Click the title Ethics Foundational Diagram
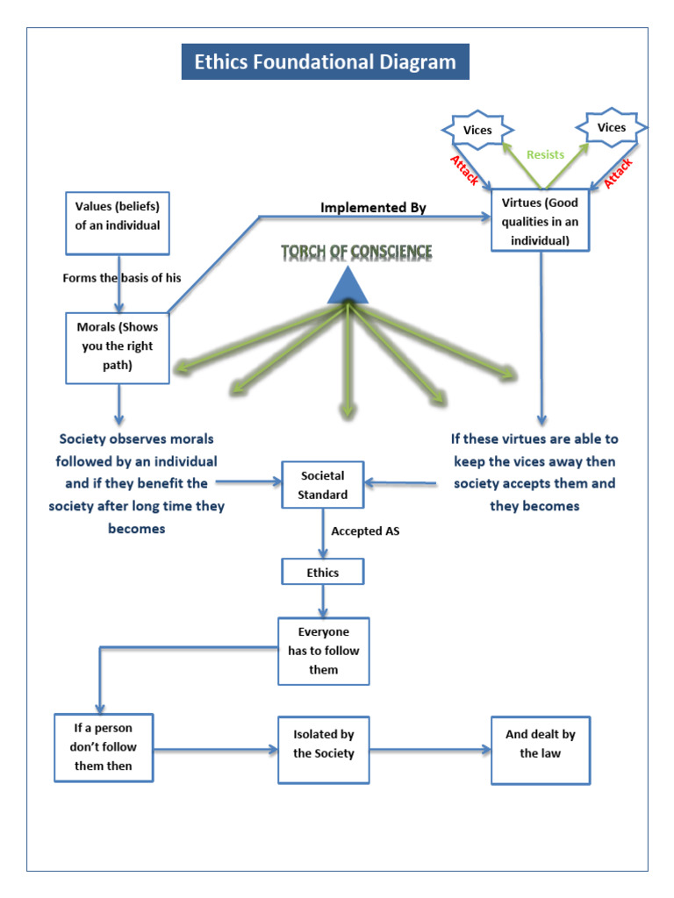(325, 62)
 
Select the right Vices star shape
(611, 128)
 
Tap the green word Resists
(545, 155)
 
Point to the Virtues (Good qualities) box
(541, 220)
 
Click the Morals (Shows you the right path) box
(118, 346)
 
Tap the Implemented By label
(373, 208)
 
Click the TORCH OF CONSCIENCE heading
(356, 253)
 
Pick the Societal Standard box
(324, 485)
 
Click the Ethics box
(322, 573)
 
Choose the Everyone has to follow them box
(323, 651)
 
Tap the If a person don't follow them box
(104, 747)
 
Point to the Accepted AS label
(365, 531)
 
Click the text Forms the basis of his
(122, 278)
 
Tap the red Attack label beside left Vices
(465, 170)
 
